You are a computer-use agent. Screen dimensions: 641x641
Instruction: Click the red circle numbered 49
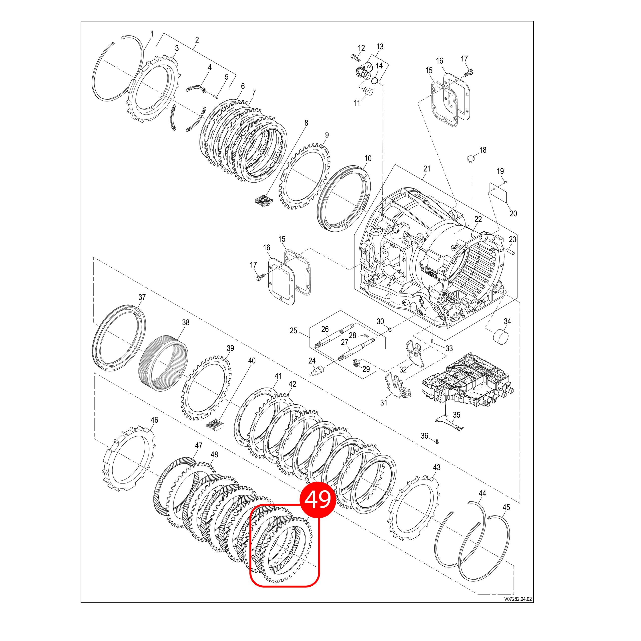[317, 500]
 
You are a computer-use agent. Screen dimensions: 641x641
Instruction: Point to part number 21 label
[427, 169]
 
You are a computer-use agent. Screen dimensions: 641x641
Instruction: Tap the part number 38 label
[186, 323]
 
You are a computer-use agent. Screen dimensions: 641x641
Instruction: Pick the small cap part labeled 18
[470, 158]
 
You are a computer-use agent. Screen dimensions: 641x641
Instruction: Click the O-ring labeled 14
[375, 81]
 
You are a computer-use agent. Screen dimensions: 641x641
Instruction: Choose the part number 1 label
[152, 34]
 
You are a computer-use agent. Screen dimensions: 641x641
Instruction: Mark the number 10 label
[368, 158]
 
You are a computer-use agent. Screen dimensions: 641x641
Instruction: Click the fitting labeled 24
[316, 370]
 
